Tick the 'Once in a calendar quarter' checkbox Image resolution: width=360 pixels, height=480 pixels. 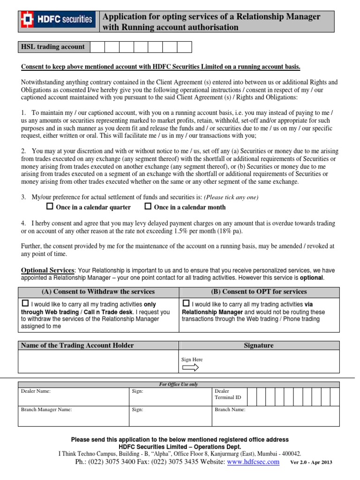point(50,206)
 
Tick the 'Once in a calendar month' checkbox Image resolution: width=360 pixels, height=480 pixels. point(148,206)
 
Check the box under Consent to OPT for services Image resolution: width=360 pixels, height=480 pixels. point(186,303)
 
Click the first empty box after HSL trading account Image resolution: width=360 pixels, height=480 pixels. point(97,47)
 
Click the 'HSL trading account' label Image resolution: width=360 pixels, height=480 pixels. point(53,47)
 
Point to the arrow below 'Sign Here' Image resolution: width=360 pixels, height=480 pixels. point(190,367)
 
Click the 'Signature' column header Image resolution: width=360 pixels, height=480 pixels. point(258,345)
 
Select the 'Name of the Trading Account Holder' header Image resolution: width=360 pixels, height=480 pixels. point(77,345)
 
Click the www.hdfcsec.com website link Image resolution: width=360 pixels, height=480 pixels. point(253,462)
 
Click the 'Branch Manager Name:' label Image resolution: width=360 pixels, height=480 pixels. point(46,409)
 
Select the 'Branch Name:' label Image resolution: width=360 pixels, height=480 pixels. point(230,409)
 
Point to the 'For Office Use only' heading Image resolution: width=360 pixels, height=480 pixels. point(179,384)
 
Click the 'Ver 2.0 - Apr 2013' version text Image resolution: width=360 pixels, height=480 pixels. point(311,462)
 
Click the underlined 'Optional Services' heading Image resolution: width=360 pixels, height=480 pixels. point(48,270)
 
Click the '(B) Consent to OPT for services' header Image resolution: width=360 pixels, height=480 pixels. point(259,292)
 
